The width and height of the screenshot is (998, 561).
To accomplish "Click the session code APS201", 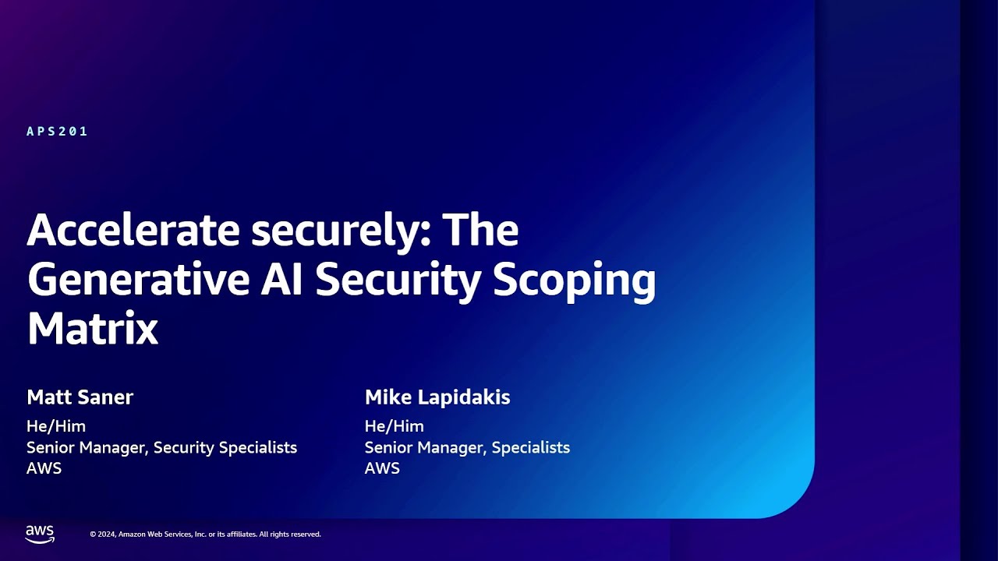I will pyautogui.click(x=57, y=132).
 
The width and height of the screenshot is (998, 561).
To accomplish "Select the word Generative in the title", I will pyautogui.click(x=137, y=280).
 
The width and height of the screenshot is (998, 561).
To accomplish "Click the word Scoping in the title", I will pyautogui.click(x=575, y=282).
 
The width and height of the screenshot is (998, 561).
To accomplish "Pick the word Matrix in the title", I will pyautogui.click(x=93, y=330).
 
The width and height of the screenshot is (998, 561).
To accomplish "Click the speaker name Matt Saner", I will pyautogui.click(x=80, y=397).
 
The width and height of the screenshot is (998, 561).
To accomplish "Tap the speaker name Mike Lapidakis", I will pyautogui.click(x=437, y=397).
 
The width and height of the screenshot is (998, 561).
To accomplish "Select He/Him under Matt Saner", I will pyautogui.click(x=56, y=426).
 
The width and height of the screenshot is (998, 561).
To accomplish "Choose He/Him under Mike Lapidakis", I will pyautogui.click(x=395, y=426).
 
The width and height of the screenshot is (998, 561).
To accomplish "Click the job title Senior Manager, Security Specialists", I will pyautogui.click(x=161, y=447).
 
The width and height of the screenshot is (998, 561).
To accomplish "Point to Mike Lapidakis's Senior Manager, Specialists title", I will pyautogui.click(x=467, y=447).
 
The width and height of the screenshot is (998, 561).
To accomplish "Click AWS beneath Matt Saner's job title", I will pyautogui.click(x=44, y=468).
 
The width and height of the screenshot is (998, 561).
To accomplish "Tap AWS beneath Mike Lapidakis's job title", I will pyautogui.click(x=382, y=468).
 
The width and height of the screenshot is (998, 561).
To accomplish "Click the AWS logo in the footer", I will pyautogui.click(x=40, y=534).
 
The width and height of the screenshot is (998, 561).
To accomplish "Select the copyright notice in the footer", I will pyautogui.click(x=205, y=535).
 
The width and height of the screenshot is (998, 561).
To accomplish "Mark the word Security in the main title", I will pyautogui.click(x=399, y=282).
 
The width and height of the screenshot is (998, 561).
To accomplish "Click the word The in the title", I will pyautogui.click(x=481, y=231).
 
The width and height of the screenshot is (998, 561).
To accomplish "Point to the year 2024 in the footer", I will pyautogui.click(x=108, y=535).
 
